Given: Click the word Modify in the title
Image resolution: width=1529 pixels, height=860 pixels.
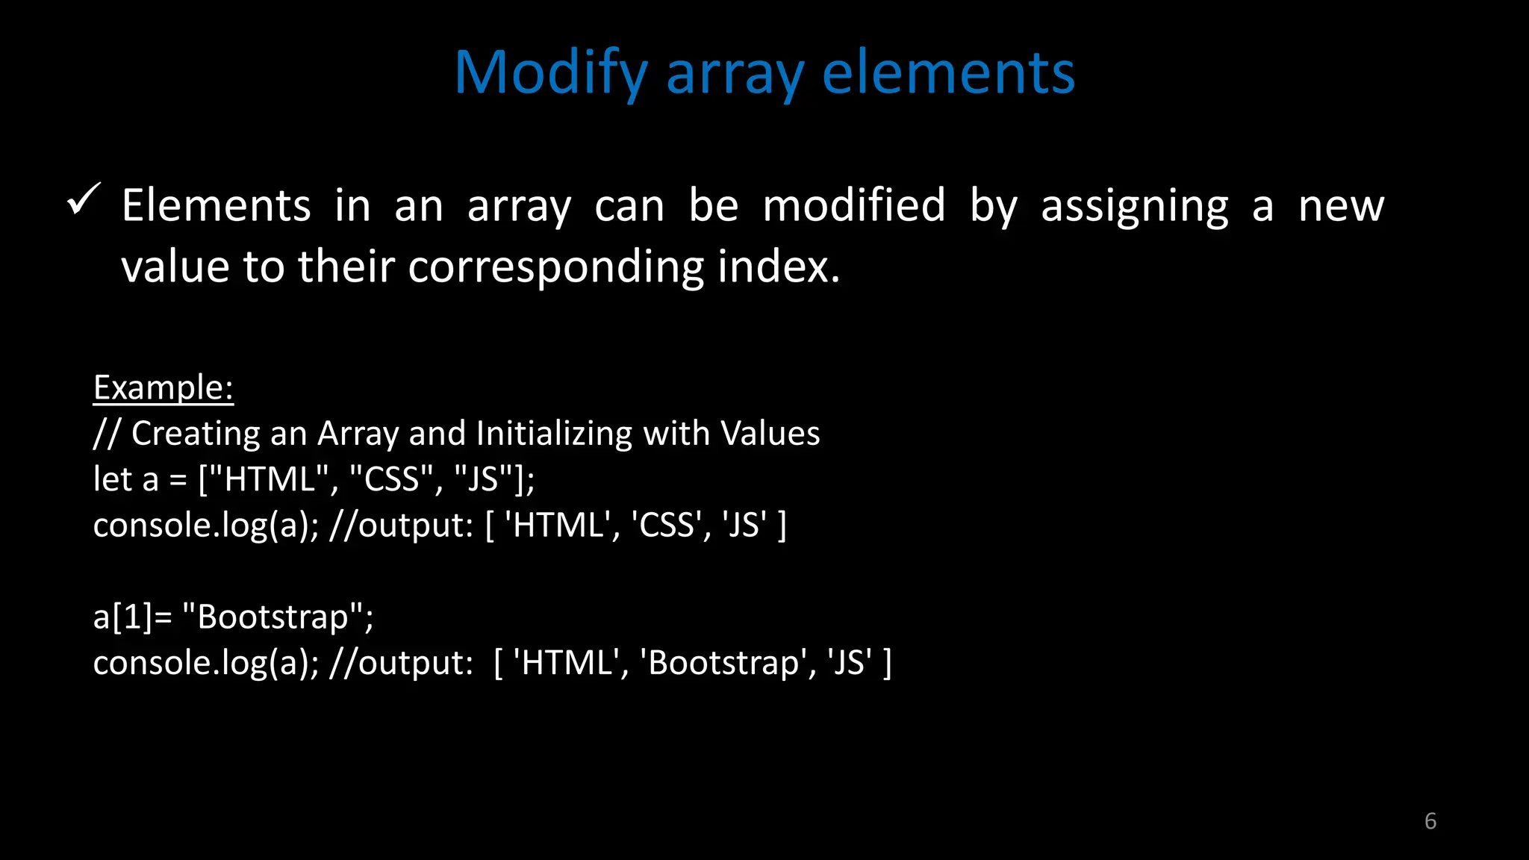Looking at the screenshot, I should point(550,73).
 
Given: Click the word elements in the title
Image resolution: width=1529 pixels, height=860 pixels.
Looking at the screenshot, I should point(948,73).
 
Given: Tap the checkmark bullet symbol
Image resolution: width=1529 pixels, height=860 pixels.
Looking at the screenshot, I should point(83,200).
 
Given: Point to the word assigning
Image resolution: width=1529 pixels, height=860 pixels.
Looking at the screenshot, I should point(1134,207).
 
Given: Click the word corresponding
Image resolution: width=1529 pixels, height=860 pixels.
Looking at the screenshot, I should point(555,267).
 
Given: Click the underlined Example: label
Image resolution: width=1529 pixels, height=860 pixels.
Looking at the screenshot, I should point(163,387).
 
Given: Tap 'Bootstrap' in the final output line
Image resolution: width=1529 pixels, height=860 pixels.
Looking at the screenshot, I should point(723,663).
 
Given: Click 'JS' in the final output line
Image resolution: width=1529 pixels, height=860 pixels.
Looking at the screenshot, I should point(849,663).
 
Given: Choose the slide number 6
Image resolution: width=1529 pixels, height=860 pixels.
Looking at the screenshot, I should point(1430,821).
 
